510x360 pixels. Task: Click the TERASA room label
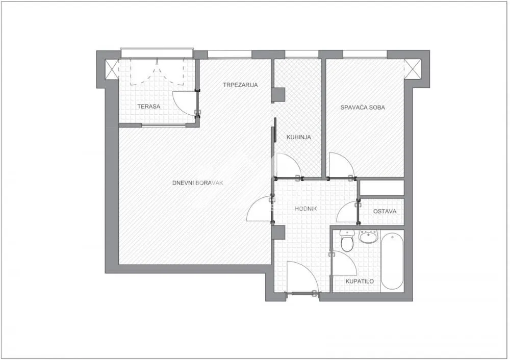[x=149, y=107]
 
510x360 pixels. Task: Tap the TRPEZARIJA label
[x=240, y=85]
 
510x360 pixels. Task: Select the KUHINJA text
[x=298, y=137]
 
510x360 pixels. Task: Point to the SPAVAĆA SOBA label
[x=363, y=108]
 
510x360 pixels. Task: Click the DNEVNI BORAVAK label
[x=198, y=182]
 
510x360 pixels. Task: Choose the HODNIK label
[x=306, y=209]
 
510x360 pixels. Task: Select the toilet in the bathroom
[x=347, y=242]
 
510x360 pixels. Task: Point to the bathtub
[x=392, y=261]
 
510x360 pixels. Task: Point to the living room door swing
[x=260, y=210]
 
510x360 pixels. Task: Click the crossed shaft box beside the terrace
[x=112, y=68]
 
